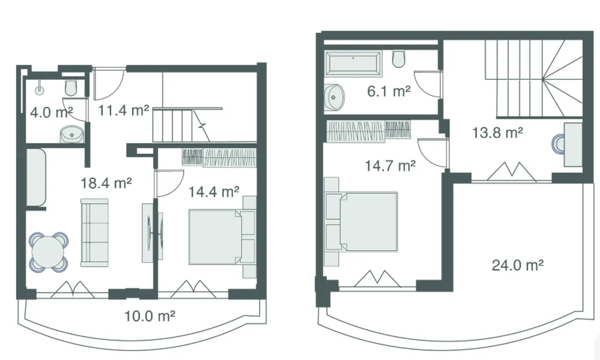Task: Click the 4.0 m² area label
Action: [x=51, y=112]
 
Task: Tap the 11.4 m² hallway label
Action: [x=124, y=110]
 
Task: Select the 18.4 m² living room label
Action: [x=106, y=183]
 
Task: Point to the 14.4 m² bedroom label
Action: [x=214, y=192]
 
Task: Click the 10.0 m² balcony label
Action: [x=150, y=316]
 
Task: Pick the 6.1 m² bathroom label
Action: [x=389, y=91]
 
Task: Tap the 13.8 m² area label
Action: [x=498, y=133]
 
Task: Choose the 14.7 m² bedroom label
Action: [x=390, y=166]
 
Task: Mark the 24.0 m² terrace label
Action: [x=518, y=265]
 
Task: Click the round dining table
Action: [x=48, y=252]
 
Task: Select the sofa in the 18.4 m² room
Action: [x=95, y=233]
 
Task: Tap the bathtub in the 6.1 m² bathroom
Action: [x=353, y=63]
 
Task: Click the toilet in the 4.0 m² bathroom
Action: [x=71, y=87]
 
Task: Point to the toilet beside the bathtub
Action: [x=399, y=59]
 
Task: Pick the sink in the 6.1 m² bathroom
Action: [x=334, y=97]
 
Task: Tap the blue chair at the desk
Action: [x=558, y=144]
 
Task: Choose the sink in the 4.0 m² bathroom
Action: [x=72, y=134]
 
